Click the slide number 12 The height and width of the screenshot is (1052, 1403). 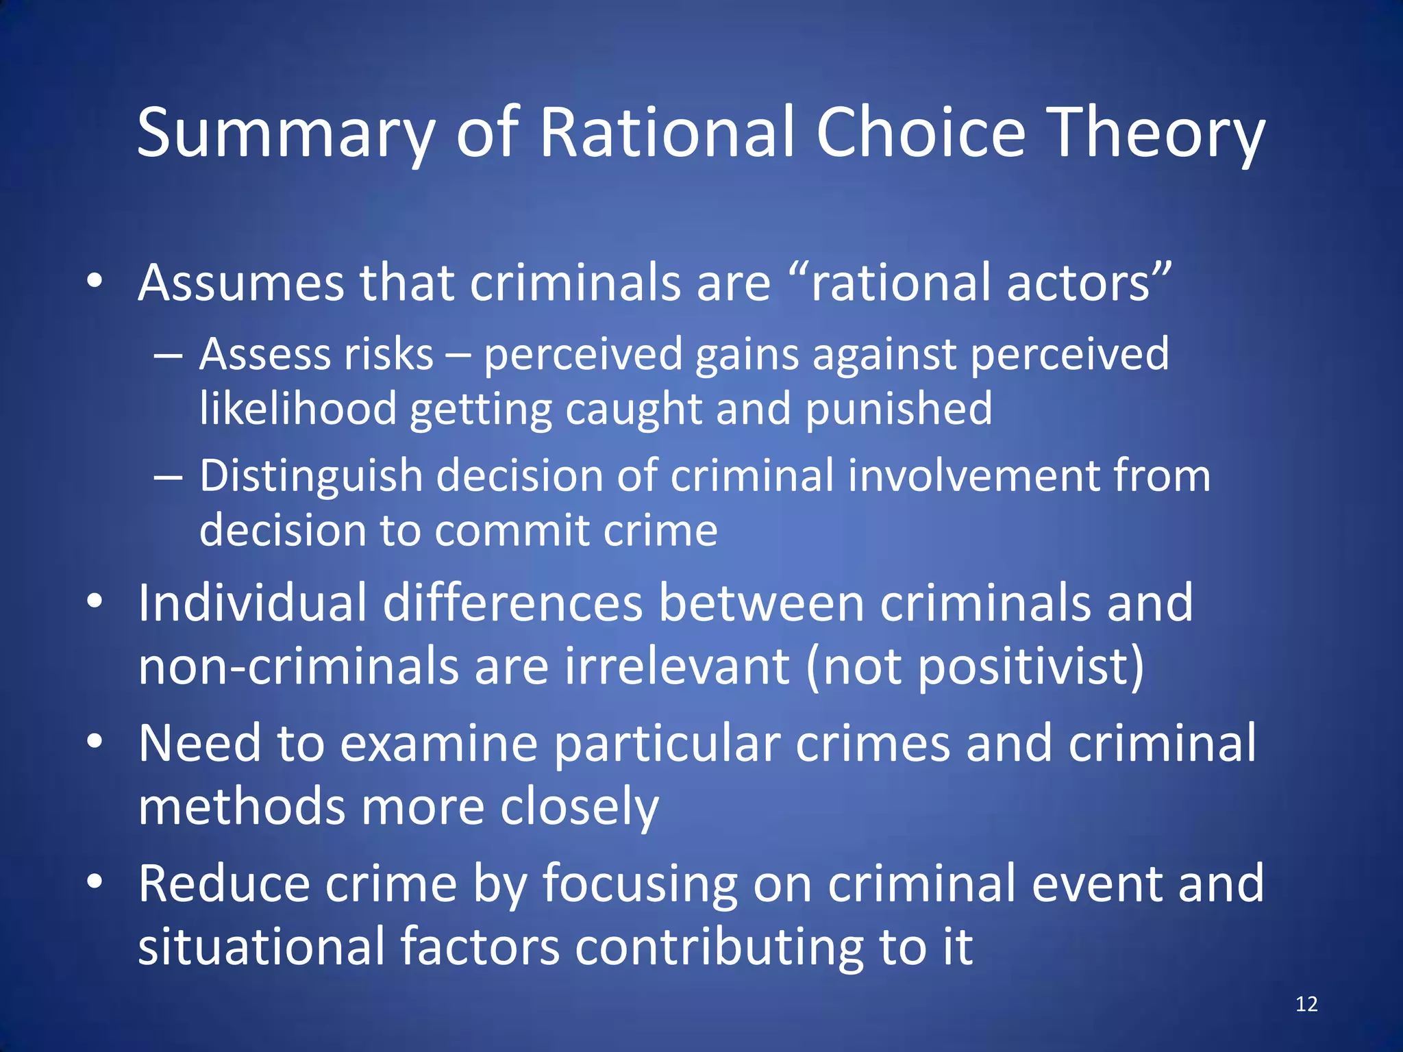tap(1306, 1004)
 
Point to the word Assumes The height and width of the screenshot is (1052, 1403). tap(240, 284)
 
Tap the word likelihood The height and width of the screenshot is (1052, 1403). tap(298, 409)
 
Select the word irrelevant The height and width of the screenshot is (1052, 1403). tap(677, 666)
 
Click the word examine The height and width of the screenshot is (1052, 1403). tap(438, 744)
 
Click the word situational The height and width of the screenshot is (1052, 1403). tap(261, 947)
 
